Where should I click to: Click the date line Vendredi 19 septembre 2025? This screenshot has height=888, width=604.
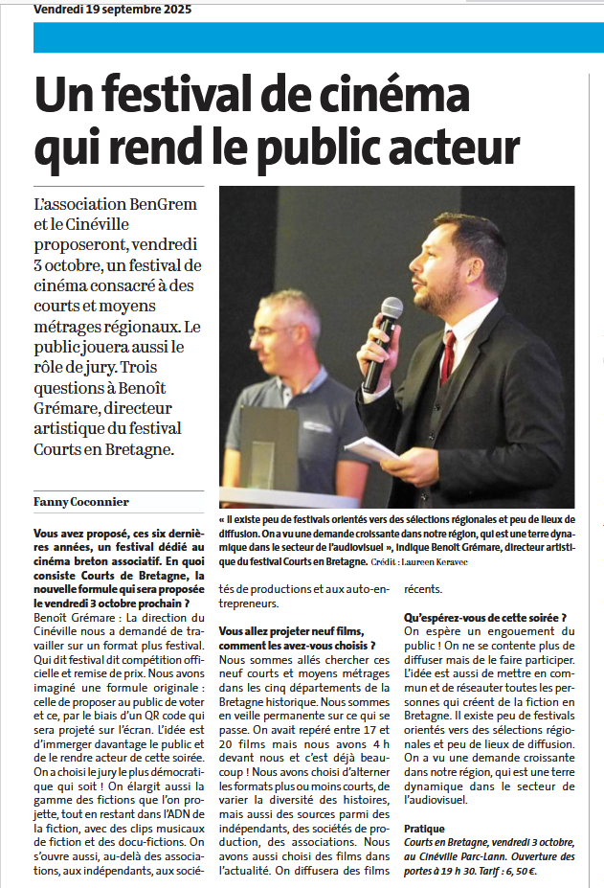pyautogui.click(x=112, y=10)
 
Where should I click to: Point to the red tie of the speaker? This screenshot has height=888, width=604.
pyautogui.click(x=448, y=355)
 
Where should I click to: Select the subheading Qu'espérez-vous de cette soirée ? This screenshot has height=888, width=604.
pyautogui.click(x=485, y=618)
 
